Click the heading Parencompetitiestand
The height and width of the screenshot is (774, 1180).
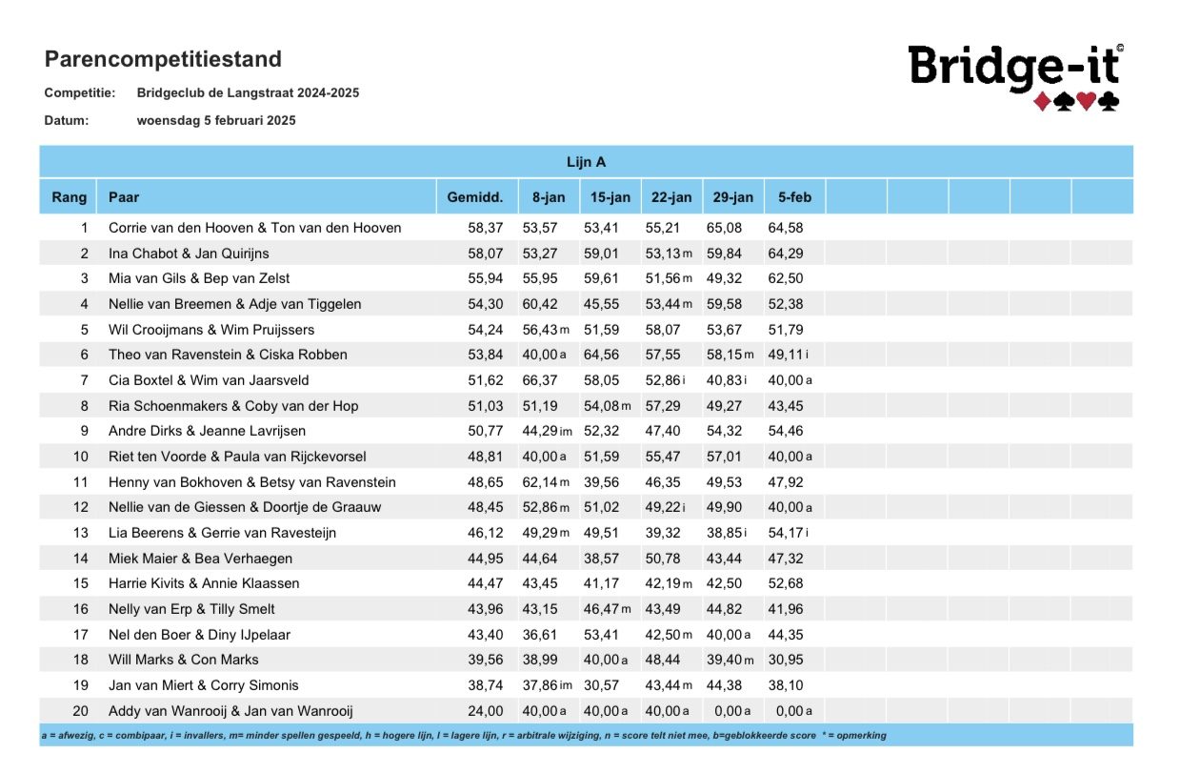point(163,59)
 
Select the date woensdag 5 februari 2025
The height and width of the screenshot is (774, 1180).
point(216,121)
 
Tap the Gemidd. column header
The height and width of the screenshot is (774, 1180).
point(475,197)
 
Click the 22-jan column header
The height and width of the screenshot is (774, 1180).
point(671,197)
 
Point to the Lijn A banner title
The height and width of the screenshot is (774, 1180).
point(587,162)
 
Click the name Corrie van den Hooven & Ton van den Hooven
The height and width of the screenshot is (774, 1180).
point(254,228)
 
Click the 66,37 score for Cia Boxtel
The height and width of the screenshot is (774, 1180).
point(539,380)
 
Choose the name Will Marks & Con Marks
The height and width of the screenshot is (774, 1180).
point(184,660)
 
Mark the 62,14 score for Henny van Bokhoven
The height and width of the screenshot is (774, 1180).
point(539,482)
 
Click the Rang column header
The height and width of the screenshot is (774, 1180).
point(69,197)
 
